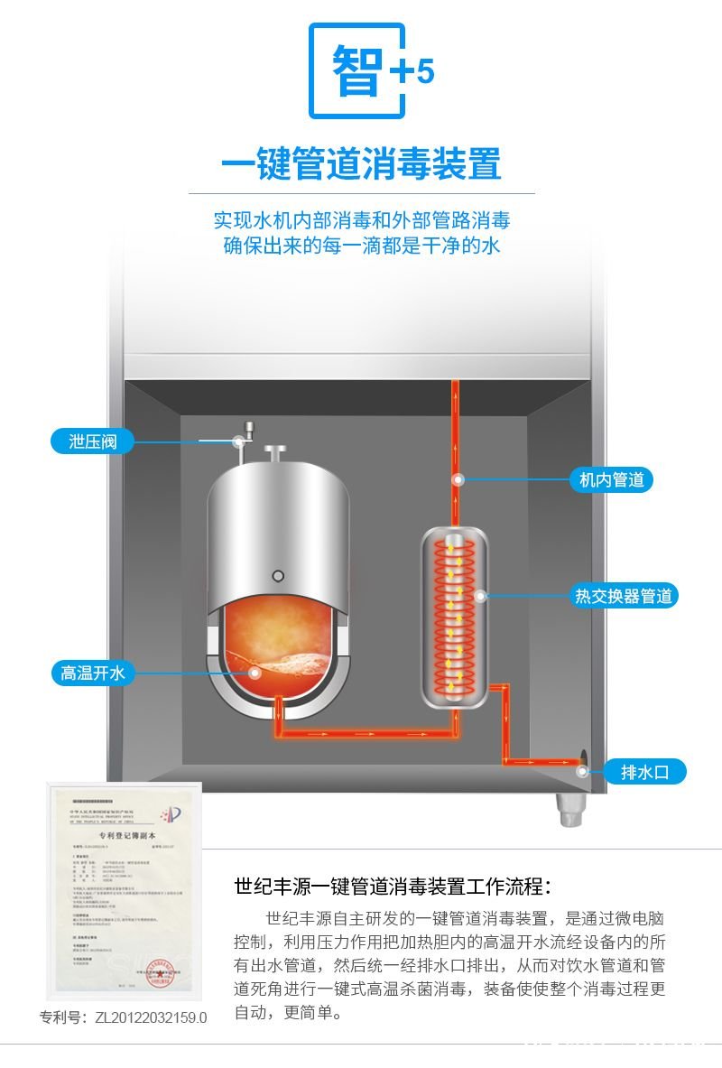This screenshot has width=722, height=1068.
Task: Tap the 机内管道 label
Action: coord(610,479)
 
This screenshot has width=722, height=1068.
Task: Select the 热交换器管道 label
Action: coord(624,596)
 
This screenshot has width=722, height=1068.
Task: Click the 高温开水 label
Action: coord(92,673)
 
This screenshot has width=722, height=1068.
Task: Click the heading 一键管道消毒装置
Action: coord(361,165)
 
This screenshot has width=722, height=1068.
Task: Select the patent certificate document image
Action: coord(125,888)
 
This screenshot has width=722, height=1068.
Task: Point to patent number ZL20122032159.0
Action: coord(124,1017)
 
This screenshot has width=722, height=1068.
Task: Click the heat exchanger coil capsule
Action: coord(455,618)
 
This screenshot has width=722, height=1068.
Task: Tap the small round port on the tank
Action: coord(278,575)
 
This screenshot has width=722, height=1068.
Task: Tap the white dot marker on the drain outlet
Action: coord(584,771)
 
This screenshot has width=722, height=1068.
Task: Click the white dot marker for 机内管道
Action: coord(458,479)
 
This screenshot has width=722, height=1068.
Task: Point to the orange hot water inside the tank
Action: coord(280,645)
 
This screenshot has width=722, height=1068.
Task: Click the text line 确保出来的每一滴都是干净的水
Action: coord(361,246)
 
